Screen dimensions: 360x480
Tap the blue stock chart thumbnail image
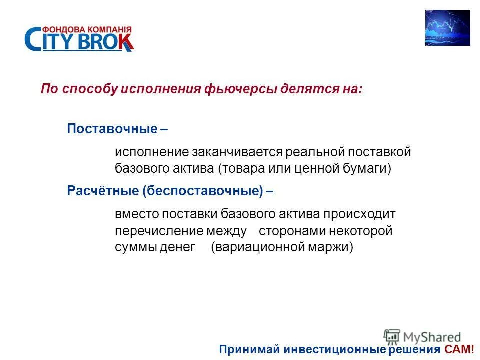[x=447, y=28]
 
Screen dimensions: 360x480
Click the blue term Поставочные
[x=112, y=129]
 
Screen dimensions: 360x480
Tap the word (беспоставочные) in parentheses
[x=202, y=190]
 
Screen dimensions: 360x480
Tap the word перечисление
[x=158, y=231]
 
